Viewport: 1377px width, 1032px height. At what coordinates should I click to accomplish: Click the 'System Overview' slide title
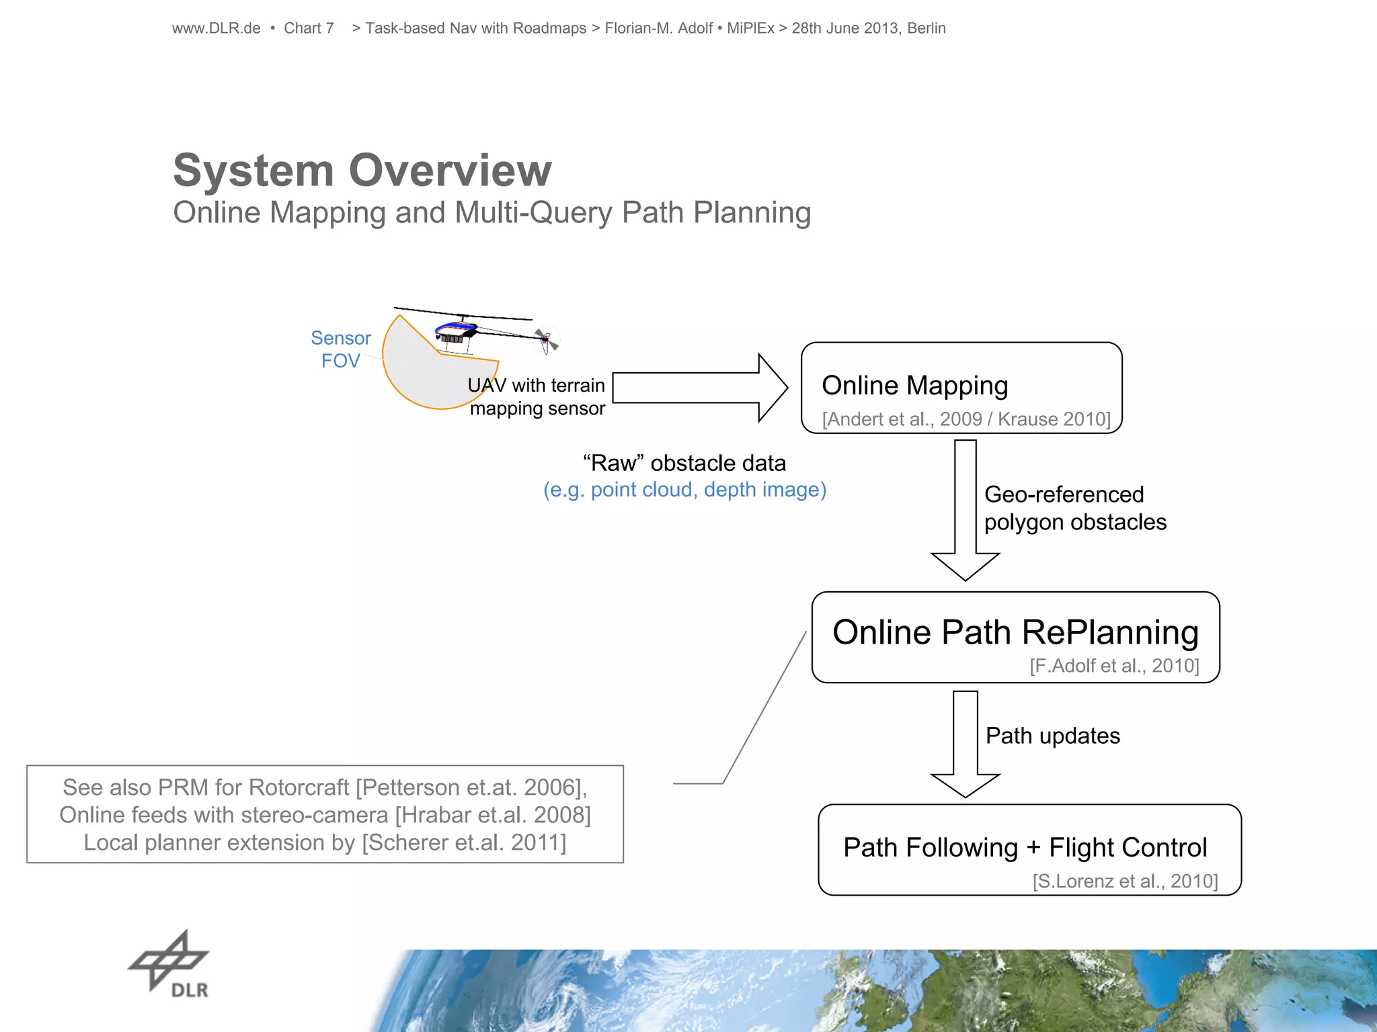coord(362,170)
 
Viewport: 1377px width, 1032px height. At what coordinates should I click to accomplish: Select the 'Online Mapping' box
coord(961,388)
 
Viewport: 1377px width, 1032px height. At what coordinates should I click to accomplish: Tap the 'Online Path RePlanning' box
coord(1015,636)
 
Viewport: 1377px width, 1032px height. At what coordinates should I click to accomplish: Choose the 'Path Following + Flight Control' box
coord(1029,849)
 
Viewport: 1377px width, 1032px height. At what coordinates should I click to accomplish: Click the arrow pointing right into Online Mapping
coord(699,388)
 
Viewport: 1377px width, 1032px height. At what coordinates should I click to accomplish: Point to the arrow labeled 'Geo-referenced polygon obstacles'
coord(966,511)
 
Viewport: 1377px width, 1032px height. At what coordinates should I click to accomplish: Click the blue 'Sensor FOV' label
coord(341,349)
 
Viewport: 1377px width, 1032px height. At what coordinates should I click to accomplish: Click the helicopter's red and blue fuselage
coord(456,330)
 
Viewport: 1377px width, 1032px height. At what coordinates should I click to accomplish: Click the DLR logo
coord(169,963)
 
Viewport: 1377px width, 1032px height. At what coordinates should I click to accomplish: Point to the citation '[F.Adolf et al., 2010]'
coord(1114,666)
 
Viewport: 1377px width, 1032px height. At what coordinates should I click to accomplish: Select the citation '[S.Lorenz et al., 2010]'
coord(1125,881)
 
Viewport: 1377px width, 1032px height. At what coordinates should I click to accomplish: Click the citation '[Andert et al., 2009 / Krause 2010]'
coord(966,419)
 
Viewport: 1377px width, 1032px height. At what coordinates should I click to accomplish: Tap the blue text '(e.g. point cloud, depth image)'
coord(684,490)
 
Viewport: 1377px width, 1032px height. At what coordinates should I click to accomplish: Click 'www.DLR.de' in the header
coord(216,28)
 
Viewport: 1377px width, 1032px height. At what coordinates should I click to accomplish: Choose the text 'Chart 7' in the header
coord(309,28)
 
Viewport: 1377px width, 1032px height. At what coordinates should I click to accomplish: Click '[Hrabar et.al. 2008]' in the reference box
coord(493,815)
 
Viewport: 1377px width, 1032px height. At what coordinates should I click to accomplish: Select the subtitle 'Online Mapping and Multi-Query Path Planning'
coord(491,212)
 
